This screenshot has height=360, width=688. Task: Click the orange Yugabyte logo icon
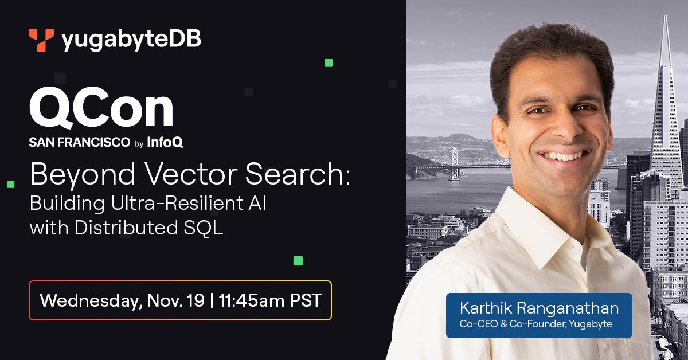point(41,40)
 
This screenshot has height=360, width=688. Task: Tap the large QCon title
point(101,109)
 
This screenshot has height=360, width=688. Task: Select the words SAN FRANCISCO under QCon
point(79,143)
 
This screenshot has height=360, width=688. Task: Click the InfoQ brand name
point(165,143)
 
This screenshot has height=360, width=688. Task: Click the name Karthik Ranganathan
point(539,308)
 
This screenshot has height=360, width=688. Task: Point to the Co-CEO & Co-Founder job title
point(539,324)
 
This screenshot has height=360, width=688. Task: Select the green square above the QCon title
point(329,63)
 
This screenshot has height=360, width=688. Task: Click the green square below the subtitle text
point(298,261)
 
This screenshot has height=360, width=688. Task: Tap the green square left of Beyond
point(10,184)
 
